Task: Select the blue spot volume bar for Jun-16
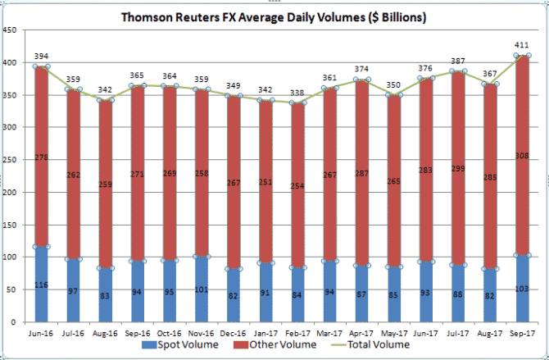42,283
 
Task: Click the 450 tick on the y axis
11,31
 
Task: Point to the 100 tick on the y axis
11,257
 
